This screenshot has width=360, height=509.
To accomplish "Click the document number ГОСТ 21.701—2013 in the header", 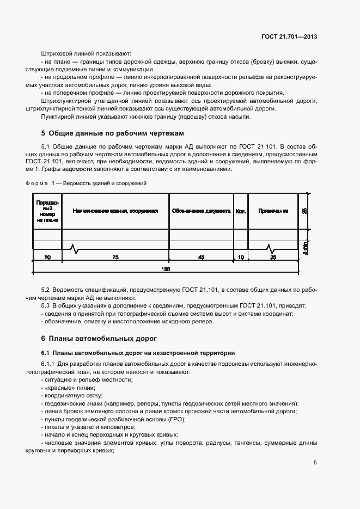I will pyautogui.click(x=289, y=37).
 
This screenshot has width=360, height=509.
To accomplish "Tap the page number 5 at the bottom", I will pyautogui.click(x=315, y=463).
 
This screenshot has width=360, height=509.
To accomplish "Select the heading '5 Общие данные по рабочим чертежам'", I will pyautogui.click(x=113, y=133).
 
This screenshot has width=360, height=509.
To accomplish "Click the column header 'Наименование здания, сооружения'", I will pyautogui.click(x=115, y=211).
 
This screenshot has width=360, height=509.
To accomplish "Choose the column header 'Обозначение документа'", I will pyautogui.click(x=201, y=211).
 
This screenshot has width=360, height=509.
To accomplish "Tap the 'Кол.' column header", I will pyautogui.click(x=240, y=211).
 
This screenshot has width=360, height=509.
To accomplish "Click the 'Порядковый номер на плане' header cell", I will pyautogui.click(x=47, y=211).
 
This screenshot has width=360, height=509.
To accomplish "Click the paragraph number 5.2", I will pyautogui.click(x=46, y=290).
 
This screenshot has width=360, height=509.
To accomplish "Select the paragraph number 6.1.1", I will pyautogui.click(x=49, y=363).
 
